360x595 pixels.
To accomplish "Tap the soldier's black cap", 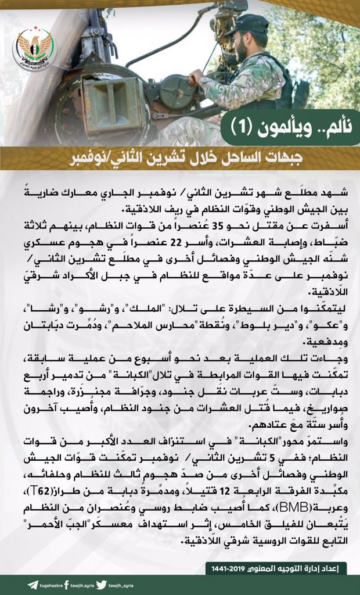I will [248, 24].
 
